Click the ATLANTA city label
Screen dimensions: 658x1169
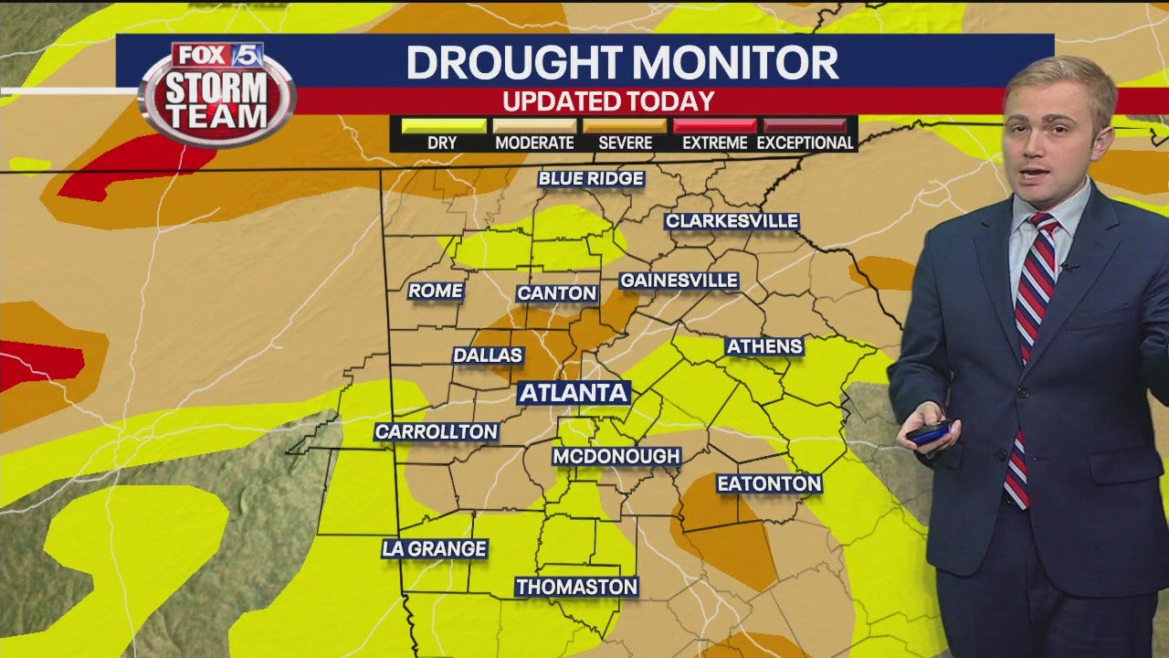[574, 393]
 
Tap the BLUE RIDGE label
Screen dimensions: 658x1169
[592, 178]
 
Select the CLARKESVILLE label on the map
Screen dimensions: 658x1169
[732, 221]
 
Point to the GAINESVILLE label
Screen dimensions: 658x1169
[679, 281]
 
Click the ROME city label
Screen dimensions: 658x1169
[436, 291]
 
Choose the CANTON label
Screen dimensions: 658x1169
[557, 293]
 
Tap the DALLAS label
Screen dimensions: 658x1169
[488, 355]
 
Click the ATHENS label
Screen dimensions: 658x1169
[764, 346]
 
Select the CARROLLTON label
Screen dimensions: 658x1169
[437, 431]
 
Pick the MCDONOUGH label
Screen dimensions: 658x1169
[616, 455]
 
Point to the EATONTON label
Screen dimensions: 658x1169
[769, 483]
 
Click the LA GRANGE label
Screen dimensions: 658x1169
[435, 548]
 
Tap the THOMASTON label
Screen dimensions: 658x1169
[576, 587]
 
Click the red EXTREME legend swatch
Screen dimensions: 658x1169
[714, 125]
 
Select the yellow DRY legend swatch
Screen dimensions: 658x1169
[443, 125]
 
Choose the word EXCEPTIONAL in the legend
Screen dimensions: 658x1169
[805, 143]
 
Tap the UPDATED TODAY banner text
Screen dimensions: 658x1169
[608, 101]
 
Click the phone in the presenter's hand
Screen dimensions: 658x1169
[930, 432]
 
